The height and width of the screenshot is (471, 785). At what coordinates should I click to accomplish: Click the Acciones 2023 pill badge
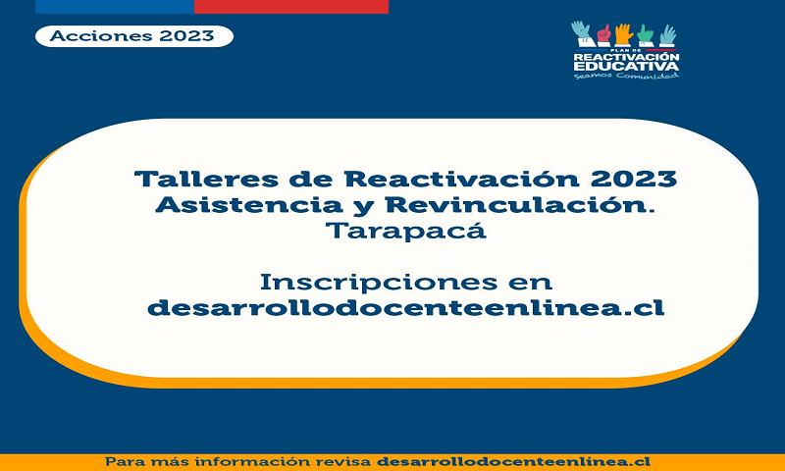pos(134,36)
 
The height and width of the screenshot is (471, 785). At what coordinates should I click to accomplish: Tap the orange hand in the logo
pos(623,34)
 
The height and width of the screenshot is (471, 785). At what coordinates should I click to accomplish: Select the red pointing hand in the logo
pos(604,34)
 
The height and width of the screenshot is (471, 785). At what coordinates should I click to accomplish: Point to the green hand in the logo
pos(646,35)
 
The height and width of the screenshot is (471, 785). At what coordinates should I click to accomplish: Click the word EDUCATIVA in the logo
pos(626,66)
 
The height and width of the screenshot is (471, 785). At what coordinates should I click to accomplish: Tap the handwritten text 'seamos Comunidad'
pos(626,76)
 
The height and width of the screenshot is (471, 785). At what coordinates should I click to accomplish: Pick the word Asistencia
pos(249,205)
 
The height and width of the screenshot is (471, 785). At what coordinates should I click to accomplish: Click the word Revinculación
pos(521,205)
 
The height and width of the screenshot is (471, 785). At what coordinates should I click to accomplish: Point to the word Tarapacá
pos(406,231)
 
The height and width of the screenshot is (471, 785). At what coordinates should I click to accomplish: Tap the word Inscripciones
pos(379,283)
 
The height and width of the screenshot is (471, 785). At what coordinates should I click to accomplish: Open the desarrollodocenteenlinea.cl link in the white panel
pos(406,307)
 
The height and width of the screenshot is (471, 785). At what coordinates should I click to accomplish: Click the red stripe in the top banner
pos(291,7)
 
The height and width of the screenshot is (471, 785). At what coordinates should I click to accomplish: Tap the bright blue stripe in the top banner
pos(115,7)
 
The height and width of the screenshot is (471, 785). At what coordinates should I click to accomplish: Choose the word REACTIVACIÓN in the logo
pos(626,57)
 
